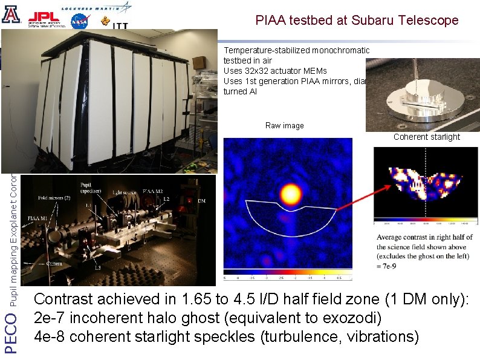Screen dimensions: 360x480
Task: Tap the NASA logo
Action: (x=80, y=21)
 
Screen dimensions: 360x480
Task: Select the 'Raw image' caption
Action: (x=284, y=126)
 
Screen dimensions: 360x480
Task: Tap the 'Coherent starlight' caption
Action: (x=426, y=137)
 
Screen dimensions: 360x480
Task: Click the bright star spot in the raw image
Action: (x=291, y=194)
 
